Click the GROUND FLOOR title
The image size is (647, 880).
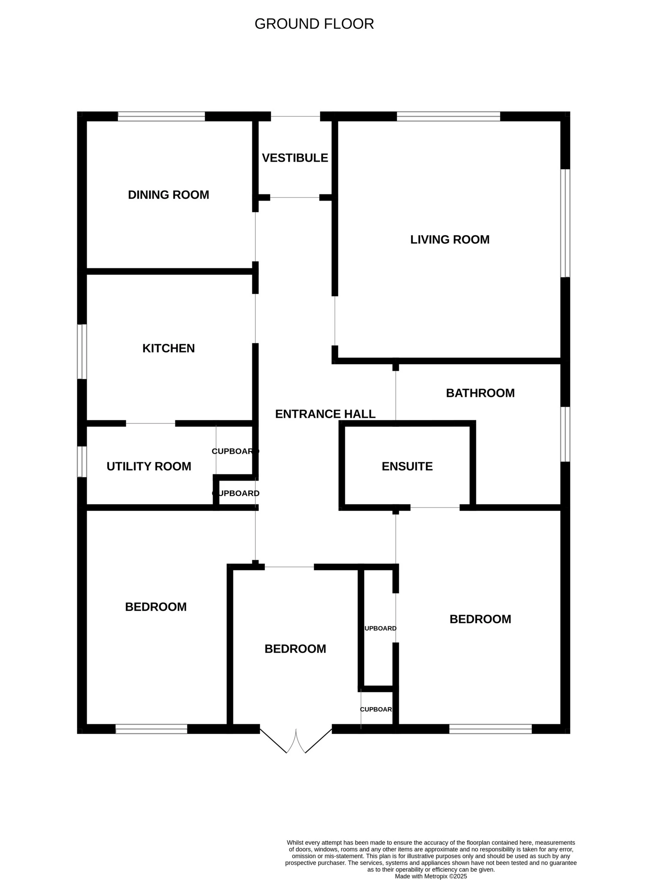click(x=314, y=24)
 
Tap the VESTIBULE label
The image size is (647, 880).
click(x=295, y=158)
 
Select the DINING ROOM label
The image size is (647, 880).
click(x=168, y=195)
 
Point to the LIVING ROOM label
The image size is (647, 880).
click(x=450, y=239)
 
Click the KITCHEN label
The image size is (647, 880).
click(x=168, y=348)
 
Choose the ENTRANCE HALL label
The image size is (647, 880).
click(x=325, y=414)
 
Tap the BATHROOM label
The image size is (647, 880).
click(x=480, y=393)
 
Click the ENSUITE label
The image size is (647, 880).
click(x=407, y=466)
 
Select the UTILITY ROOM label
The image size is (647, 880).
click(x=149, y=466)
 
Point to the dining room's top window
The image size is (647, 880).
click(x=161, y=116)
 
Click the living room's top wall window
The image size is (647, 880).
click(x=449, y=116)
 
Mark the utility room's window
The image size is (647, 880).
click(x=82, y=462)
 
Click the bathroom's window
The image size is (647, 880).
click(x=565, y=434)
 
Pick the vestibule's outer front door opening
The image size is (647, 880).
click(x=295, y=116)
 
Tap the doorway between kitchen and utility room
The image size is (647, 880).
click(x=150, y=423)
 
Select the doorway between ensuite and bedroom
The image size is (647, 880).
click(x=435, y=507)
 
